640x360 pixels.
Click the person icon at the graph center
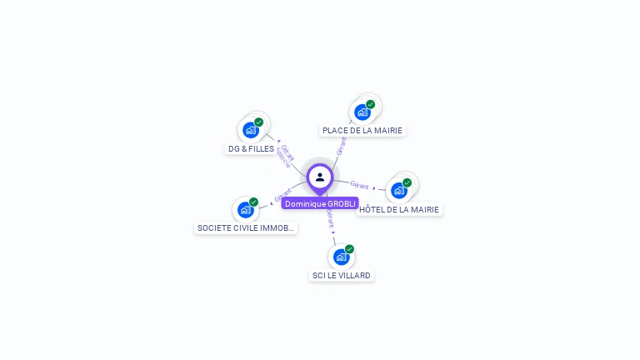pyautogui.click(x=320, y=177)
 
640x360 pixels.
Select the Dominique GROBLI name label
pyautogui.click(x=320, y=203)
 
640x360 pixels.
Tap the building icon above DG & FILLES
pyautogui.click(x=250, y=130)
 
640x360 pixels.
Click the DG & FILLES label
pyautogui.click(x=251, y=149)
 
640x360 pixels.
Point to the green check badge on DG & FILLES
pyautogui.click(x=258, y=122)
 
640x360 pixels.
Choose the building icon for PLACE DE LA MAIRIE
pyautogui.click(x=362, y=112)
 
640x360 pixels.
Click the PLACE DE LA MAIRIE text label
pyautogui.click(x=362, y=131)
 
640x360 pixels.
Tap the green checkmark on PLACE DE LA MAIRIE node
pyautogui.click(x=370, y=105)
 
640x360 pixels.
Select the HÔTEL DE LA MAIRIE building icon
pyautogui.click(x=399, y=191)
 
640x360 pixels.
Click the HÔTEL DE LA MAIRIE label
pyautogui.click(x=399, y=210)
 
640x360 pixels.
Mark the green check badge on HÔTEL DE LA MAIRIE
pyautogui.click(x=407, y=183)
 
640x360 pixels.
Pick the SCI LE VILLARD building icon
pyautogui.click(x=341, y=257)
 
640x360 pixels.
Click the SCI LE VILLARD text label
pyautogui.click(x=342, y=275)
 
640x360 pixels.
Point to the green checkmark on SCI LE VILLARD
pyautogui.click(x=349, y=249)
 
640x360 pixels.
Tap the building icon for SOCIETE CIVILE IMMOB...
pyautogui.click(x=245, y=209)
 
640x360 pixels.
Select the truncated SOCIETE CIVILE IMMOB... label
pyautogui.click(x=245, y=227)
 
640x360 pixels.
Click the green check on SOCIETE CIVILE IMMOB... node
pyautogui.click(x=253, y=202)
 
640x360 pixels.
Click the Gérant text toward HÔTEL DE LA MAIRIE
pyautogui.click(x=359, y=184)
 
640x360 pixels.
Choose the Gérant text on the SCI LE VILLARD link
pyautogui.click(x=331, y=219)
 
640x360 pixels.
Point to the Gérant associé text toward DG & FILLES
pyautogui.click(x=285, y=157)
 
